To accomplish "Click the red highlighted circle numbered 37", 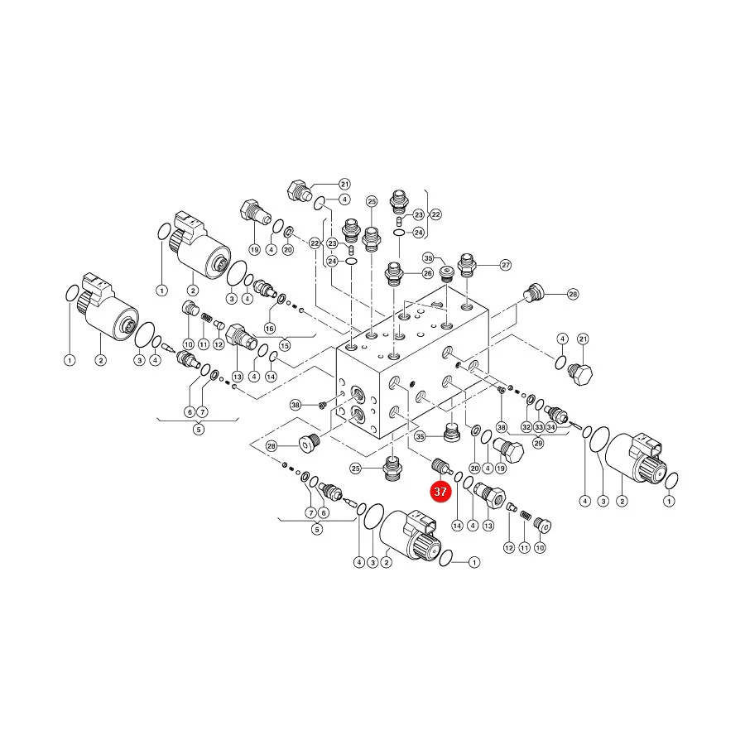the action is [x=440, y=491].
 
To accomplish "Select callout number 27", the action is [x=506, y=265].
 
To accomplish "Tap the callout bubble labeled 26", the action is [x=428, y=273].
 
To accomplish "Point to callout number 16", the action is [x=270, y=329].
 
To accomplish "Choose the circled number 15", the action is [x=285, y=345].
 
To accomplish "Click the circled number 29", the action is [x=538, y=443].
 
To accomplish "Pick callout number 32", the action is [x=526, y=427].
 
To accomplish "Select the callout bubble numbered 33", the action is [x=538, y=427].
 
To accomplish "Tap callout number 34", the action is [x=550, y=427].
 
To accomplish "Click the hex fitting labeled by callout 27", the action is [x=467, y=265].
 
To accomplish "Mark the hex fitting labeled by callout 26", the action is [x=394, y=274].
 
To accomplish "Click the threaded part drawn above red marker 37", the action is [x=440, y=465].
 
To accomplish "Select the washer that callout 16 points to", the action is [x=281, y=300].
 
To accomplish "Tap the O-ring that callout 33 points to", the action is [x=539, y=405].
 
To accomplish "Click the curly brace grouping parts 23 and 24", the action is [x=425, y=214].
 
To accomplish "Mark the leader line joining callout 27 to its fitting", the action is [x=488, y=265].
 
